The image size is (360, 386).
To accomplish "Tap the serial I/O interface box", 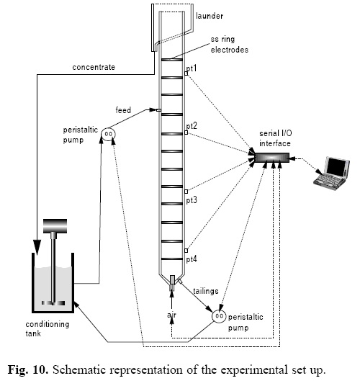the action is (271, 158).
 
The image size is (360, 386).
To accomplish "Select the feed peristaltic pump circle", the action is (108, 134).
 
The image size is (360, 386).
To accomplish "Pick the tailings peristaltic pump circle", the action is (219, 316).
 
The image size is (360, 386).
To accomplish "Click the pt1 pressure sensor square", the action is (186, 73).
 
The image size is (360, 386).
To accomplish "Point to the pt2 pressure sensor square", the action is (186, 133).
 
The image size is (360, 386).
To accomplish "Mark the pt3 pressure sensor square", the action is (186, 192).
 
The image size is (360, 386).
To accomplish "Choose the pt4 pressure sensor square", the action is (186, 251).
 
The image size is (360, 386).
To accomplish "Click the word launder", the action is (210, 16).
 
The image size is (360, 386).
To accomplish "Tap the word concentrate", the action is (94, 67).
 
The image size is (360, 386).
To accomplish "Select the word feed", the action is (123, 109).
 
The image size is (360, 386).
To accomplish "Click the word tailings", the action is (206, 291).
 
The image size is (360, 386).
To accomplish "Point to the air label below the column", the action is (171, 315).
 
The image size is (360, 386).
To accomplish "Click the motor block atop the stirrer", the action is (55, 225).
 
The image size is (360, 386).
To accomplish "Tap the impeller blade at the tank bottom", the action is (53, 303).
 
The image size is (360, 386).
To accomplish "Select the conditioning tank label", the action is (48, 328).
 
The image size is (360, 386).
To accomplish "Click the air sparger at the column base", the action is (172, 282).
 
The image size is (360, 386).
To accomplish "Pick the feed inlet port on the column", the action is (158, 110).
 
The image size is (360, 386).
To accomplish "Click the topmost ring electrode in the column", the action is (172, 60).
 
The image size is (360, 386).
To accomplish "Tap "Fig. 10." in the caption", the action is (28, 370).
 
